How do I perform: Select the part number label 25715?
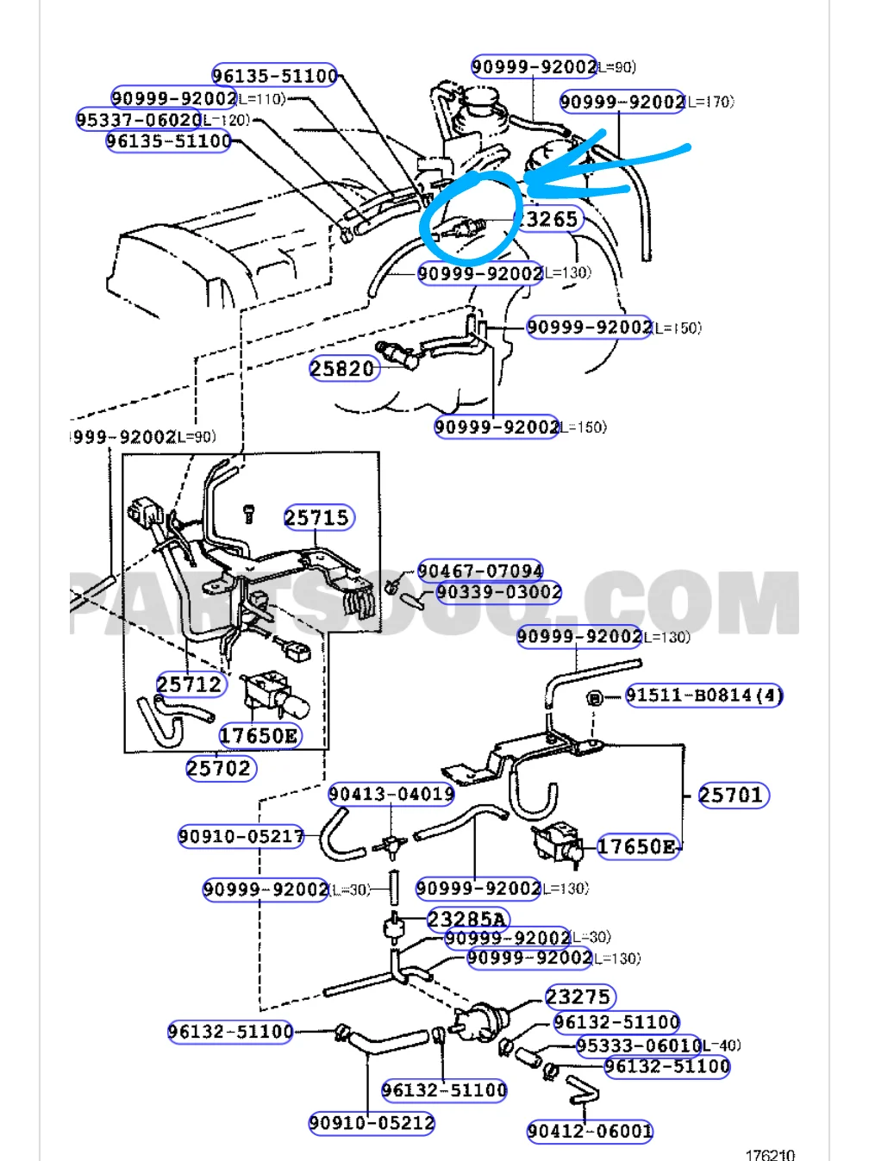pyautogui.click(x=318, y=518)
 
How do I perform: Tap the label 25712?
pyautogui.click(x=191, y=684)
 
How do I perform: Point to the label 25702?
pyautogui.click(x=220, y=768)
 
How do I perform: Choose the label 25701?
pyautogui.click(x=732, y=795)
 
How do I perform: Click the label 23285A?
pyautogui.click(x=467, y=919)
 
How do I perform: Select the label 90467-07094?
pyautogui.click(x=480, y=571)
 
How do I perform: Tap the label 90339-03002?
pyautogui.click(x=499, y=592)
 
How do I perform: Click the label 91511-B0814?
pyautogui.click(x=703, y=695)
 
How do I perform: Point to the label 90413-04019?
pyautogui.click(x=391, y=794)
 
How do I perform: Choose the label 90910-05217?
pyautogui.click(x=241, y=836)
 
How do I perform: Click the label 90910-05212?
pyautogui.click(x=372, y=1123)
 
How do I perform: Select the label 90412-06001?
pyautogui.click(x=590, y=1131)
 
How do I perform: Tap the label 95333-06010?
pyautogui.click(x=639, y=1046)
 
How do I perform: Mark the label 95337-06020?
pyautogui.click(x=139, y=120)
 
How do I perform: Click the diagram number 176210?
pyautogui.click(x=770, y=1154)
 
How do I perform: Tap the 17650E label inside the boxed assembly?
pyautogui.click(x=259, y=735)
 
